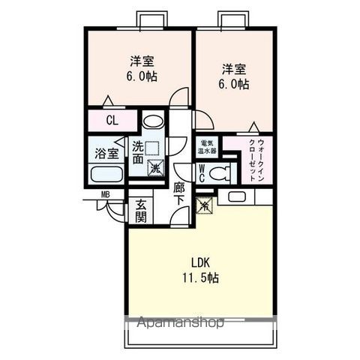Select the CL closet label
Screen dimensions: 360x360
111,120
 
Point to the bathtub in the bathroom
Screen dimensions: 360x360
105,175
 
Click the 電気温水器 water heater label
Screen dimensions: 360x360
207,146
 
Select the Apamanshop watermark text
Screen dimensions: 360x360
180,324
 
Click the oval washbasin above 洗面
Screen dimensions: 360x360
152,121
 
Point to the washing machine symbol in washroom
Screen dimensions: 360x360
154,168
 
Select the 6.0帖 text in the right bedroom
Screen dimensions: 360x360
234,84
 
